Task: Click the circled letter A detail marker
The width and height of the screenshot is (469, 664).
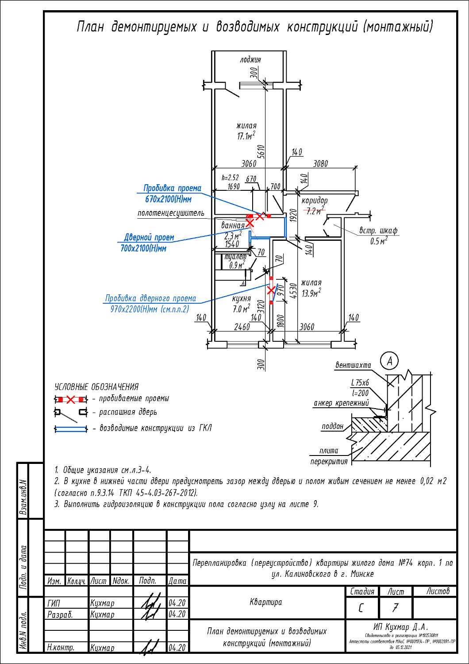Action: coord(389,361)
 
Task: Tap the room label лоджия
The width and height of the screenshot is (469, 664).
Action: coord(250,60)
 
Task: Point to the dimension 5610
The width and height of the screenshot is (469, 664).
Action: coord(261,151)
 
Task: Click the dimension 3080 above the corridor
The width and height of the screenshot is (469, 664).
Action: coord(320,164)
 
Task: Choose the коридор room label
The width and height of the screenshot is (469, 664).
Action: coord(315,201)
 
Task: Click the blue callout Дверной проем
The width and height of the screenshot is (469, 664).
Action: coord(149,238)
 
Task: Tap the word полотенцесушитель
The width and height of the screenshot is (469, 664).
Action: coord(171,213)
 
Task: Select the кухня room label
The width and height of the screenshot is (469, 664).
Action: coord(241,299)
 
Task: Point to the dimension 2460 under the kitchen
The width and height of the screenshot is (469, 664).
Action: coord(242,327)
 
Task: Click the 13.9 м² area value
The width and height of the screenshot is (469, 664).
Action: coord(311,293)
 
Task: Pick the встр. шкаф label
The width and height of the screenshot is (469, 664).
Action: coord(378,231)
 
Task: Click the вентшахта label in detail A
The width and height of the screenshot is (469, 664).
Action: coord(353,366)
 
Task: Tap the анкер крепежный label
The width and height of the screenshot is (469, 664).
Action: coord(341,403)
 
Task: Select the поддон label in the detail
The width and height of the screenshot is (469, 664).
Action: coord(332,426)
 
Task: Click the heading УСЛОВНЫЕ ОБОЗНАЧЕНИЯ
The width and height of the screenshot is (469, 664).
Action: coord(96,387)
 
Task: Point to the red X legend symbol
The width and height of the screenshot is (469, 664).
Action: coord(71,400)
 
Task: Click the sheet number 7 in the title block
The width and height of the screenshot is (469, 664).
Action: coord(395,608)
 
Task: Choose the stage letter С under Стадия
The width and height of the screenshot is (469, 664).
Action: coord(361,608)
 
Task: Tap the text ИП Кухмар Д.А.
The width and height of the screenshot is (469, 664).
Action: coord(401,627)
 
